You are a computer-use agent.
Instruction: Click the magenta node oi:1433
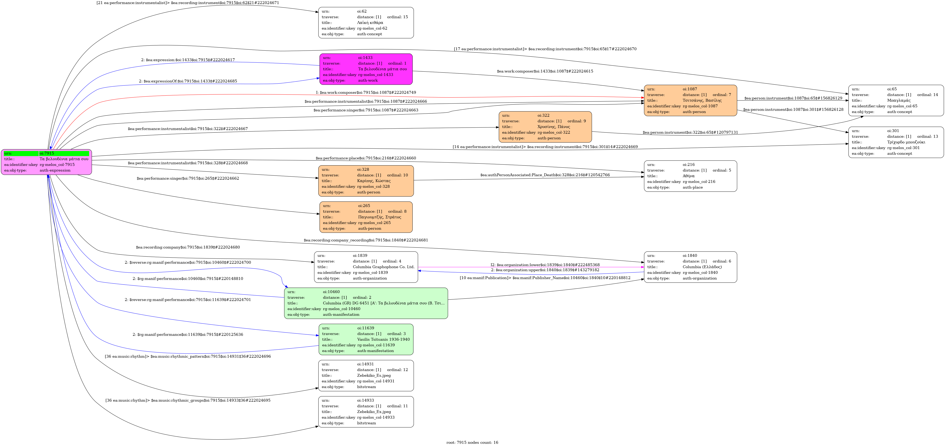[x=366, y=69]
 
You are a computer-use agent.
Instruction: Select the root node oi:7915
[x=46, y=162]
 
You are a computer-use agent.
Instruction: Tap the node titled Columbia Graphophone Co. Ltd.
[x=366, y=267]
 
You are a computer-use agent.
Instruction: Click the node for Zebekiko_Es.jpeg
[x=366, y=376]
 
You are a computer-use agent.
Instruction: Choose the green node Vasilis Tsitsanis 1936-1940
[x=366, y=339]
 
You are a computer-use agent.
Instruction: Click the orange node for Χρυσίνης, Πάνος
[x=545, y=127]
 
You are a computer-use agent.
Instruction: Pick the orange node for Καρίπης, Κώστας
[x=366, y=180]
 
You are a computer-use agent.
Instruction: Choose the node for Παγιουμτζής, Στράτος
[x=366, y=217]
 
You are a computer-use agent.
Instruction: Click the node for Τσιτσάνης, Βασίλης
[x=690, y=100]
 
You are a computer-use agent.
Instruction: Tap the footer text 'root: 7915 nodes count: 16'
[x=472, y=442]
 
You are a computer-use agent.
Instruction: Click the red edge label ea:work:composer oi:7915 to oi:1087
[x=366, y=93]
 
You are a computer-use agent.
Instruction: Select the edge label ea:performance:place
[x=366, y=158]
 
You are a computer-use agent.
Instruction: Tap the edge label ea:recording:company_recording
[x=366, y=240]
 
